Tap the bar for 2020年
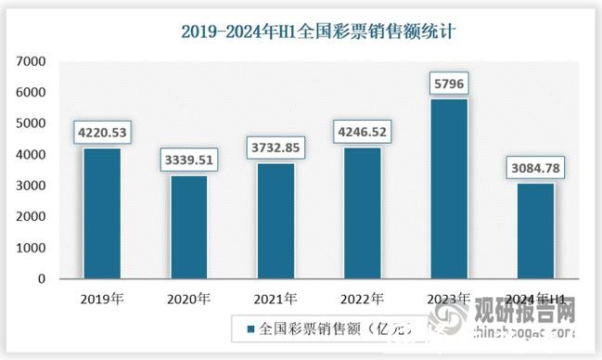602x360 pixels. (188, 227)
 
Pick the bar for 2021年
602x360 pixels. (275, 221)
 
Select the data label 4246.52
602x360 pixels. (365, 132)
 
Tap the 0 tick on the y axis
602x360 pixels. (42, 279)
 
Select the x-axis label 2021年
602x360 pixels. (275, 299)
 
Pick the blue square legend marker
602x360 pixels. (250, 328)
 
